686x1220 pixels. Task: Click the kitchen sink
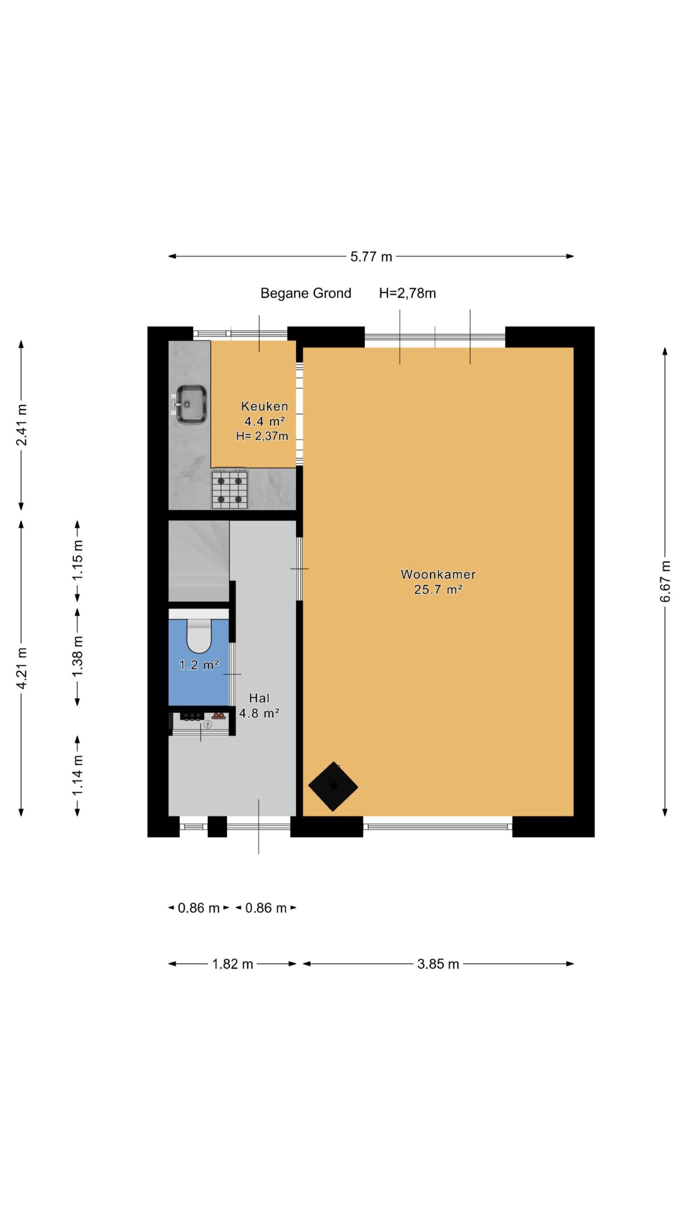(190, 404)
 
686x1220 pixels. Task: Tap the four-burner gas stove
(230, 489)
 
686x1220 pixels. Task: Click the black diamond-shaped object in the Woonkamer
(333, 786)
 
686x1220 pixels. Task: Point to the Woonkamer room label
(438, 574)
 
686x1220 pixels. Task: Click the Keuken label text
(264, 406)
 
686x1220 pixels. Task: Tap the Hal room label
(259, 698)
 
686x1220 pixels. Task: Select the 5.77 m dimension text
(371, 257)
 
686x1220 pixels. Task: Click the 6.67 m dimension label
(665, 581)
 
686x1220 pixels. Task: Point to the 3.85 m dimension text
(438, 964)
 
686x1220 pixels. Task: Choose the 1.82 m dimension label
(232, 964)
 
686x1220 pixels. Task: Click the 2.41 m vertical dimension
(21, 425)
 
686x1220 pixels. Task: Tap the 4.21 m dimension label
(21, 668)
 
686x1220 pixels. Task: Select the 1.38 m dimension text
(78, 656)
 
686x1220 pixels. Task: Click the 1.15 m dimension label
(78, 560)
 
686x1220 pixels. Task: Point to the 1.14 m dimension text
(78, 775)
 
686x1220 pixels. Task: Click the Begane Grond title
(306, 293)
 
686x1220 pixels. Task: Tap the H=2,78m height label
(407, 293)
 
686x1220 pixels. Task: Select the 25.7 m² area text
(438, 590)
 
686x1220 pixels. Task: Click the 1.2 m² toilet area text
(199, 664)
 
